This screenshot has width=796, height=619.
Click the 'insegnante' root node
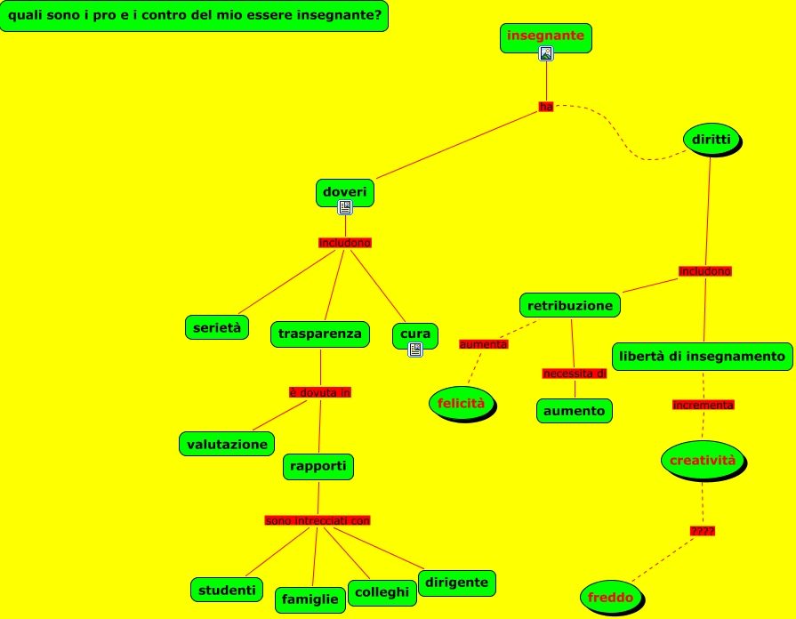pyautogui.click(x=545, y=36)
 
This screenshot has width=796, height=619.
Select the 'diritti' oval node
pyautogui.click(x=712, y=140)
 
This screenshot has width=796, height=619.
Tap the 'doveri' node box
pyautogui.click(x=344, y=192)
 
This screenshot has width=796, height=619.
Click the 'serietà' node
pyautogui.click(x=217, y=327)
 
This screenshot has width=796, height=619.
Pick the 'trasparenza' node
pyautogui.click(x=319, y=334)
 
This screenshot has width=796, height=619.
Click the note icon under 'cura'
pyautogui.click(x=415, y=350)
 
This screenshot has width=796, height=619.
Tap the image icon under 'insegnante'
pyautogui.click(x=546, y=53)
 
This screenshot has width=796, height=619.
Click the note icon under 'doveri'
pyautogui.click(x=345, y=208)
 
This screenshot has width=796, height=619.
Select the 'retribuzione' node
pyautogui.click(x=570, y=306)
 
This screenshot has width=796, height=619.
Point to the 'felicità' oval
pyautogui.click(x=461, y=403)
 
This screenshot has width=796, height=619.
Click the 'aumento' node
pyautogui.click(x=575, y=411)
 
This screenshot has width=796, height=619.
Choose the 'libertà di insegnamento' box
pyautogui.click(x=703, y=356)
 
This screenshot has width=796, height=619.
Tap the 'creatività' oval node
pyautogui.click(x=703, y=460)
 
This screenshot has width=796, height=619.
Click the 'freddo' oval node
pyautogui.click(x=611, y=598)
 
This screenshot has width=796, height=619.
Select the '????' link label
pyautogui.click(x=703, y=531)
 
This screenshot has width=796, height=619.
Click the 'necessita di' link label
pyautogui.click(x=575, y=374)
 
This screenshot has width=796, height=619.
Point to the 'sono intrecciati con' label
pyautogui.click(x=318, y=520)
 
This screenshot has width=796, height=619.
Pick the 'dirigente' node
pyautogui.click(x=456, y=583)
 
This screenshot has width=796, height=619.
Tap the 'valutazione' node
pyautogui.click(x=227, y=444)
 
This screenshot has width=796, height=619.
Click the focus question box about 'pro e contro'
pyautogui.click(x=194, y=16)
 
